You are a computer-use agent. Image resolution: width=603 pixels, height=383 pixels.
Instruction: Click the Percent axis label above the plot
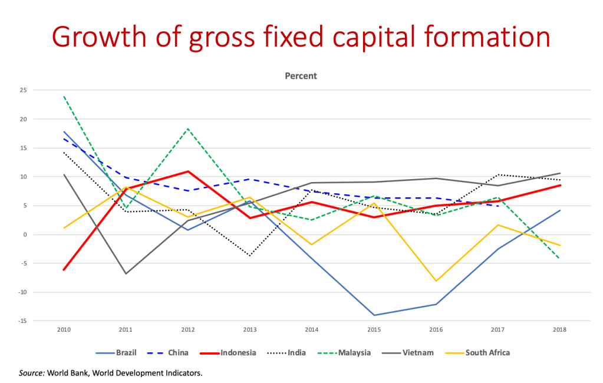302,76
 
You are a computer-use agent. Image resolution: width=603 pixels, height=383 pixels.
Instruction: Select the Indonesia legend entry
238,354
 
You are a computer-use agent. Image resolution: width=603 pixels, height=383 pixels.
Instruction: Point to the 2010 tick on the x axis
63,331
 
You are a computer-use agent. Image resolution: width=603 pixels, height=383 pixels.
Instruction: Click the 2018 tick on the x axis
559,331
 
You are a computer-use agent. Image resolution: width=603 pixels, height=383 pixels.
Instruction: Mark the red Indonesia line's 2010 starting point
63,270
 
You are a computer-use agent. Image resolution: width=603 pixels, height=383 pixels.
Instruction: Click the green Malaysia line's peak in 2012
188,128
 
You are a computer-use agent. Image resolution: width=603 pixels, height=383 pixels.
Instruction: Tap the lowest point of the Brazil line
373,315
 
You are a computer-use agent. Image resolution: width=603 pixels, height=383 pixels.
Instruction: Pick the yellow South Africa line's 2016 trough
436,281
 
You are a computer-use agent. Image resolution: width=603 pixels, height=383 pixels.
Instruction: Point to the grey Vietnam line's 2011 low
126,273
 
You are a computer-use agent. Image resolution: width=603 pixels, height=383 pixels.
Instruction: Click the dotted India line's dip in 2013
250,256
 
